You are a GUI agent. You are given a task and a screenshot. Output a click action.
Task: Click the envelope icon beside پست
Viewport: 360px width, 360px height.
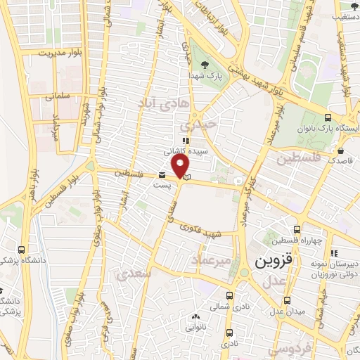pos(162,176)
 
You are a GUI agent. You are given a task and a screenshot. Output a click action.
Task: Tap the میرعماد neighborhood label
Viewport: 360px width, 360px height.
pos(212,261)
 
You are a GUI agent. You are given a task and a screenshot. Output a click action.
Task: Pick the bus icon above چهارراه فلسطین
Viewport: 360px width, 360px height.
pos(297,229)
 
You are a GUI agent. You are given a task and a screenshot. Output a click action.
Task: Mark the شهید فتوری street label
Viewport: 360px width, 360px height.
pos(200,231)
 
